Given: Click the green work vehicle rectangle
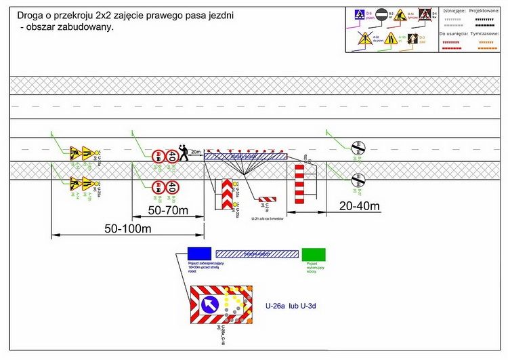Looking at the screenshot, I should pyautogui.click(x=314, y=254).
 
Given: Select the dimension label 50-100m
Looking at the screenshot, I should pyautogui.click(x=127, y=228).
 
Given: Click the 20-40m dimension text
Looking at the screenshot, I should pyautogui.click(x=360, y=205).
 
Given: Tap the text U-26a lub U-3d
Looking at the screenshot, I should pyautogui.click(x=291, y=306).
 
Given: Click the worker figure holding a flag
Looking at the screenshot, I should pyautogui.click(x=183, y=152).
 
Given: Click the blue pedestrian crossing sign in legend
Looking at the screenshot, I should pyautogui.click(x=360, y=15).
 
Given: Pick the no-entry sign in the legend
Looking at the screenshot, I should pyautogui.click(x=381, y=15).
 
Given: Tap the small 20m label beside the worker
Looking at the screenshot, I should pyautogui.click(x=196, y=152).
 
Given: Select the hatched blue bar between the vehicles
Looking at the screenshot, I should pyautogui.click(x=257, y=254).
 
